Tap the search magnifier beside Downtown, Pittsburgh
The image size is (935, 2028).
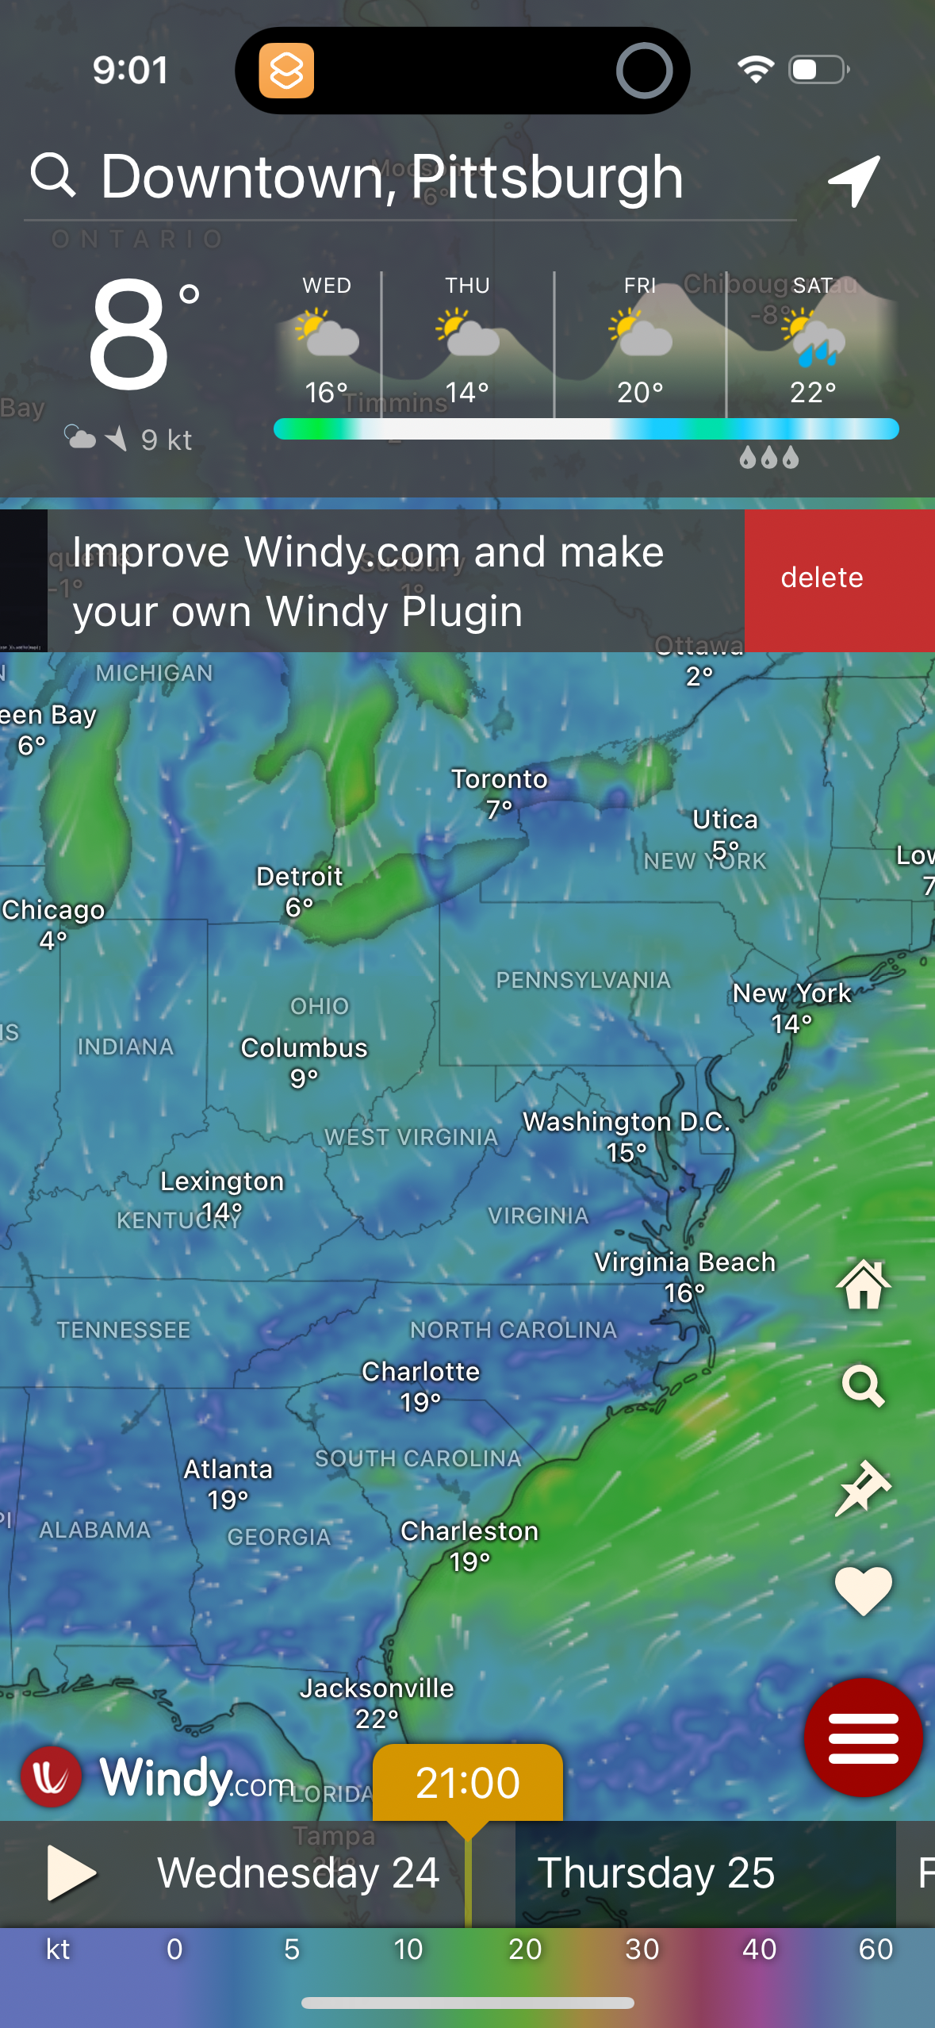tap(52, 175)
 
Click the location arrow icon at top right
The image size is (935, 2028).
tap(854, 180)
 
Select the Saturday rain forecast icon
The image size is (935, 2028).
tap(813, 338)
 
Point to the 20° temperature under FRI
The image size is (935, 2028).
tap(640, 392)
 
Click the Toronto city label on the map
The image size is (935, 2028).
tap(499, 779)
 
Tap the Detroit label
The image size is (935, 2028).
tap(299, 877)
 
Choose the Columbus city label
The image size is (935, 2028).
tap(304, 1048)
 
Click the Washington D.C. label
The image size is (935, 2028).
tap(626, 1122)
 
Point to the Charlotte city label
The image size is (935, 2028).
tap(420, 1372)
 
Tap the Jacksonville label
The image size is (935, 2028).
tap(376, 1688)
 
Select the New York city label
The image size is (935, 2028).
tap(791, 993)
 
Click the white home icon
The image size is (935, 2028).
tap(863, 1285)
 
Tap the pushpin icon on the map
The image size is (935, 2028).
tap(863, 1488)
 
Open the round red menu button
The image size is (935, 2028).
tap(863, 1738)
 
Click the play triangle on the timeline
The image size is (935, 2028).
tap(70, 1873)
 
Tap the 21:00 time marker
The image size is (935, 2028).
tap(467, 1783)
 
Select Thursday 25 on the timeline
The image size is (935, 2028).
tap(656, 1873)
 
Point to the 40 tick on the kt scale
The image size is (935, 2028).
tap(759, 1949)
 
